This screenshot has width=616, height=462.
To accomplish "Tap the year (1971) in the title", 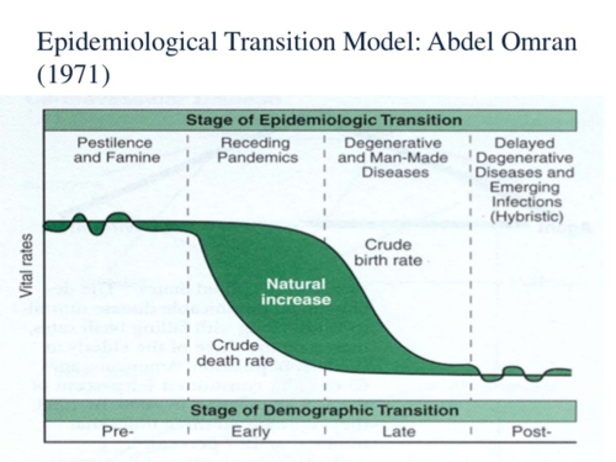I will click(73, 74).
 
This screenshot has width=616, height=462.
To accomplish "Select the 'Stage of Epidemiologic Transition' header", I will click(324, 120).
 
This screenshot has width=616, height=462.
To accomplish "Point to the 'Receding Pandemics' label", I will click(257, 150).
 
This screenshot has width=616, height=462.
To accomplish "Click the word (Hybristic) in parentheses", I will click(526, 216).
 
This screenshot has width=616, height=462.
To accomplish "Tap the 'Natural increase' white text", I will click(296, 292).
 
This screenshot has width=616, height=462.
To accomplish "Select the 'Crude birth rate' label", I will click(388, 252).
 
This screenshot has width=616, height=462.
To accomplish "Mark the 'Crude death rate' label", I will click(235, 353).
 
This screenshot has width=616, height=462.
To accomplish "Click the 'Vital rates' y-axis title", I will click(27, 266).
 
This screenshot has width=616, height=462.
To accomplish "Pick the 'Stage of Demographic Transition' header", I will click(324, 411).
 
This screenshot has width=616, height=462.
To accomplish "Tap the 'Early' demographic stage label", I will click(251, 432).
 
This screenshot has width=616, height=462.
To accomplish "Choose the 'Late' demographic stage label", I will click(399, 432).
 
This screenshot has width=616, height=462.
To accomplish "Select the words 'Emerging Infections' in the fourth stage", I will click(525, 195).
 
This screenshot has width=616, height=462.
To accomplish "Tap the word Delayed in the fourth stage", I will click(524, 143).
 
